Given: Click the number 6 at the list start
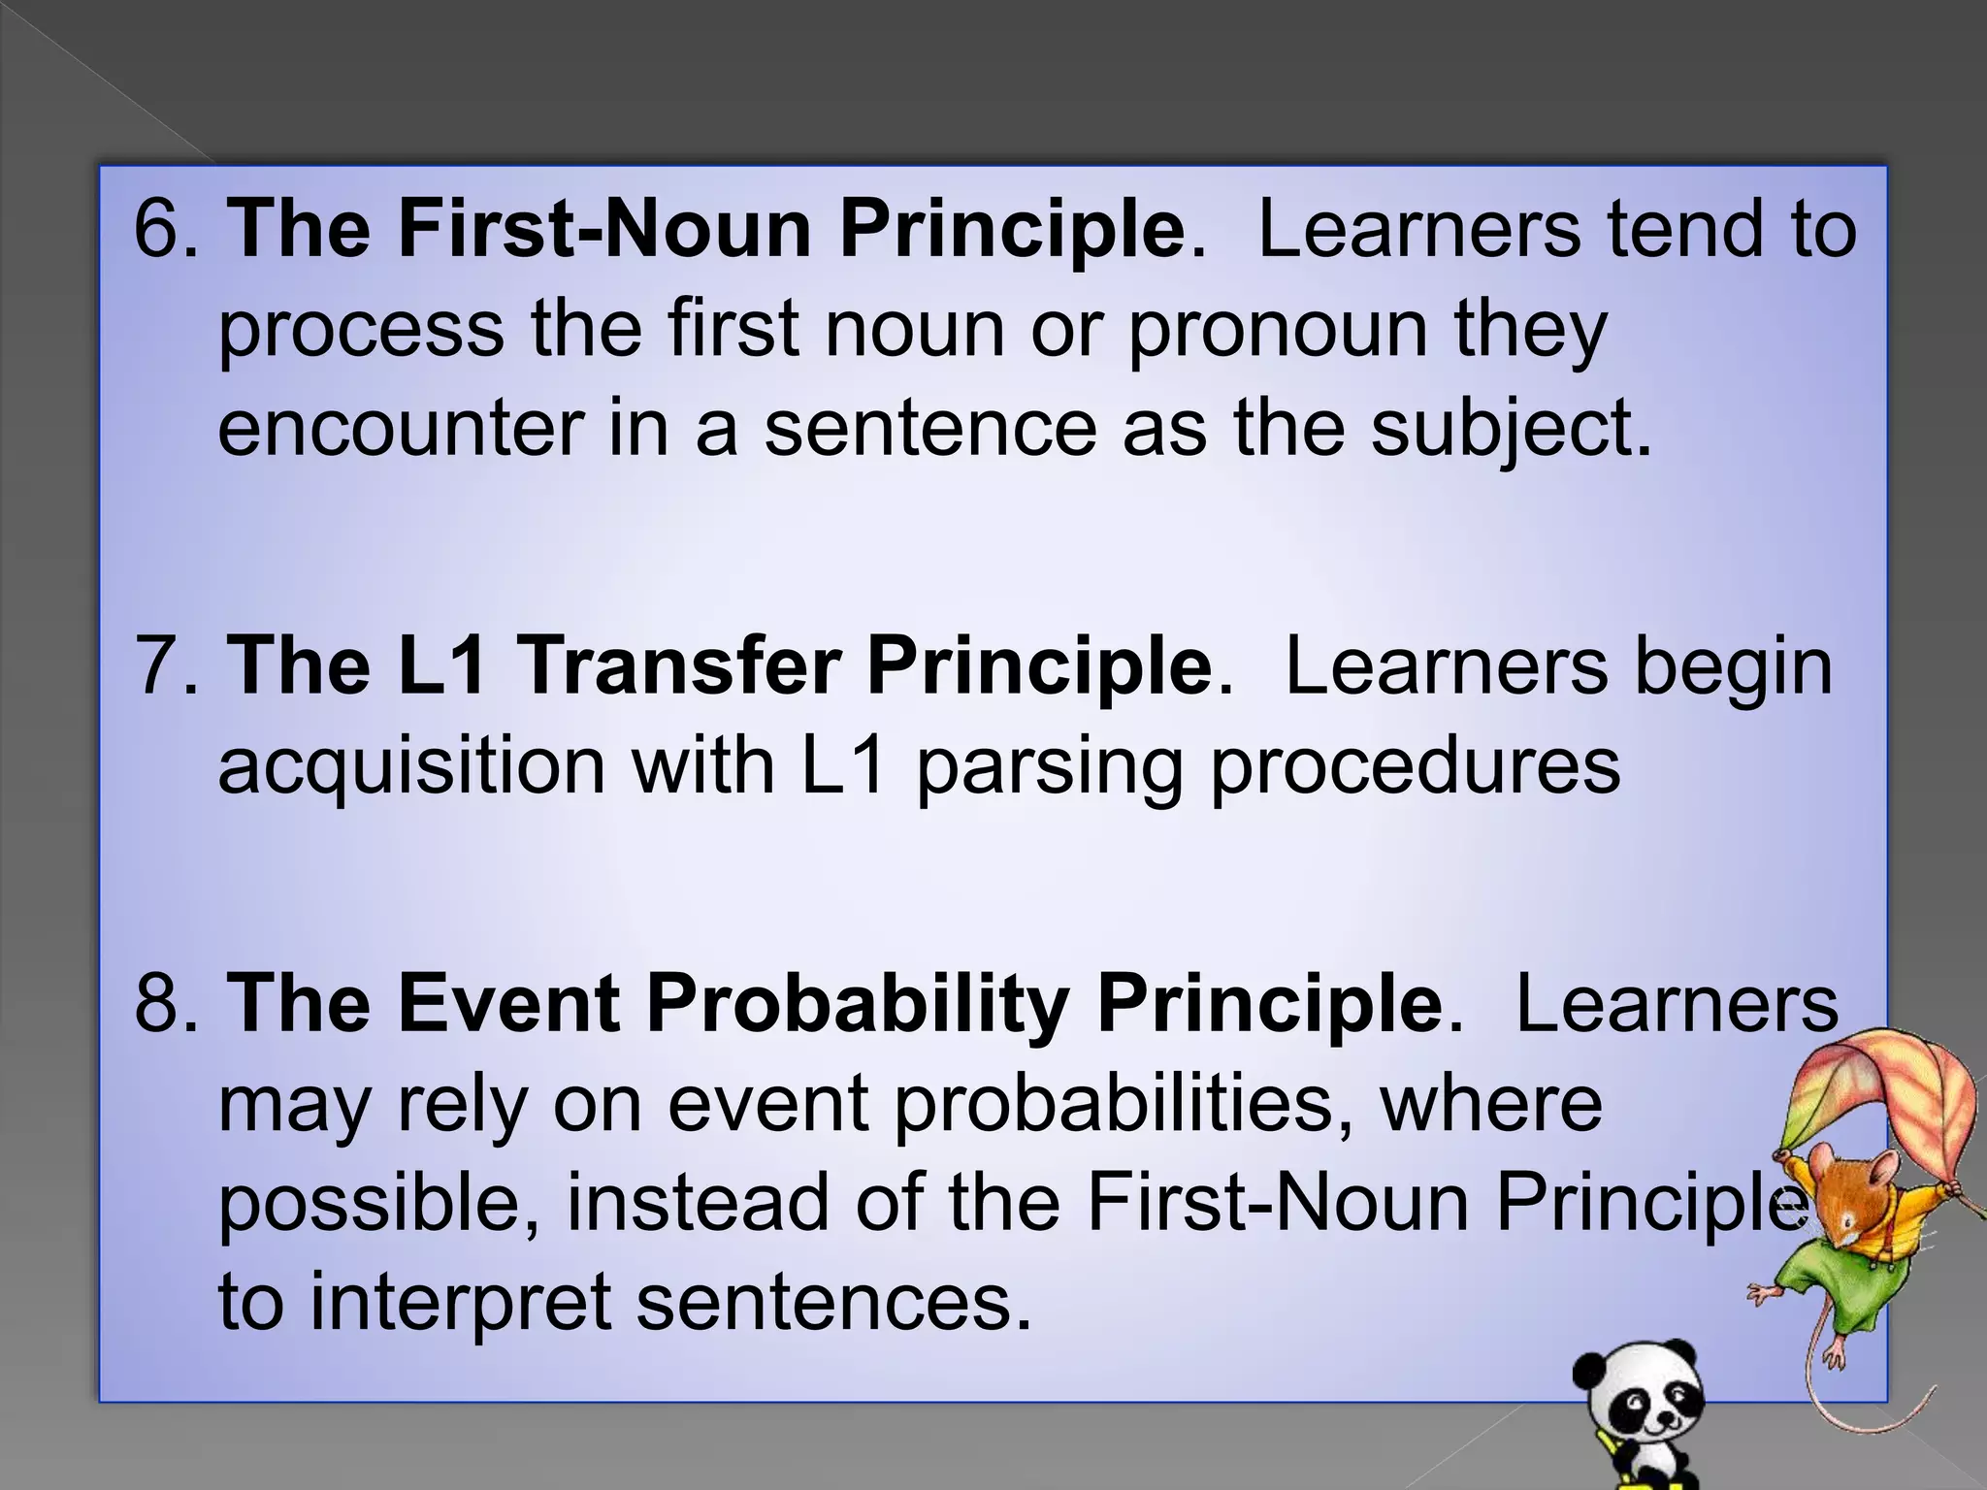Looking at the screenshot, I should (160, 229).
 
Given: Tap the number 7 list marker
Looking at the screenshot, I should (160, 665).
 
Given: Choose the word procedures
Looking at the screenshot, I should (1415, 766).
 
